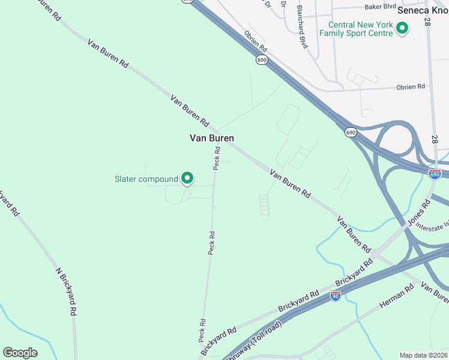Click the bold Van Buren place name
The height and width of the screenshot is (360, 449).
(x=211, y=138)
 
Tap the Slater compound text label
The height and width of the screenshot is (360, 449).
(x=146, y=179)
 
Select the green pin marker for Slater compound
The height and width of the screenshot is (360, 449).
(x=187, y=178)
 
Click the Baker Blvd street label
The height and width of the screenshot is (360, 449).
(x=381, y=7)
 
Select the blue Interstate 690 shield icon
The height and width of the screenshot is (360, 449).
(x=435, y=173)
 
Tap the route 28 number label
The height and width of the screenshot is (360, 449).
(x=427, y=22)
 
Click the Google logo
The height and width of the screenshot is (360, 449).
(x=20, y=352)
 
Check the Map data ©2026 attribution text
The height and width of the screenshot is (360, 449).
(x=423, y=355)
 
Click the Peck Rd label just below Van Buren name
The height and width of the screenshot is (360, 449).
(x=218, y=159)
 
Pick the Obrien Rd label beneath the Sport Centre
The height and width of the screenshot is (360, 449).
(x=411, y=87)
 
